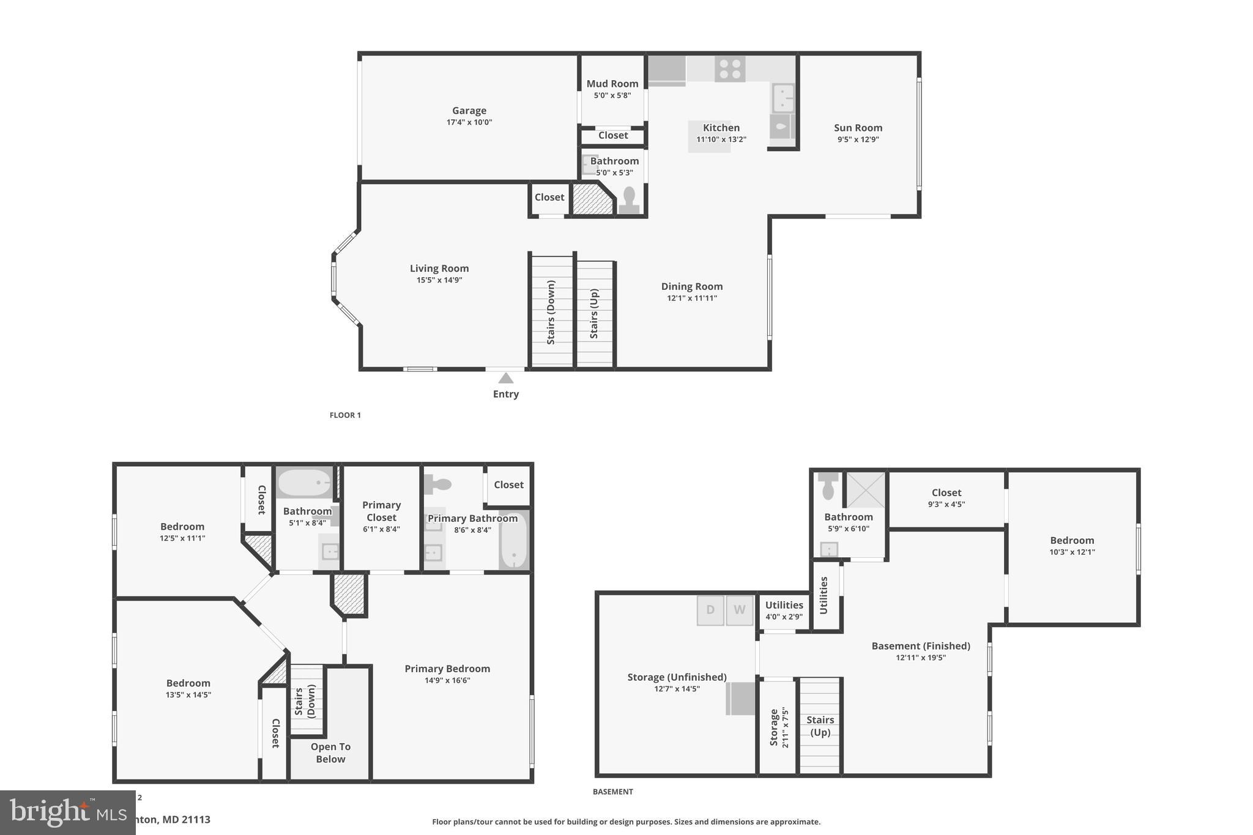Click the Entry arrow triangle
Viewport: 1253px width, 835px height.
coord(505,379)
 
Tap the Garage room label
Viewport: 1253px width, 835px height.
coord(469,111)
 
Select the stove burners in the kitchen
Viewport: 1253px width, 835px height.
coord(730,69)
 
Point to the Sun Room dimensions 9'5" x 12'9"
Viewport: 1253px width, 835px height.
coord(858,139)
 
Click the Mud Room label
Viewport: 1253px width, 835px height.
coord(612,84)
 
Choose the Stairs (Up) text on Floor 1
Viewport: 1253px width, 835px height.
coord(593,313)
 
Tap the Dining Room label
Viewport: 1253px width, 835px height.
coord(691,286)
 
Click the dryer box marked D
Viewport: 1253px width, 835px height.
coord(710,610)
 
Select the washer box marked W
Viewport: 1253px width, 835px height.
coord(739,610)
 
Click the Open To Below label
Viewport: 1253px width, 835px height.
coord(330,753)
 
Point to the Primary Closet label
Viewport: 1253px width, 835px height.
coord(381,511)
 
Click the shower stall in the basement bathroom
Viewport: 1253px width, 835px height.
coord(865,489)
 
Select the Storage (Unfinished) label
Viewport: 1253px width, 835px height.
coord(677,677)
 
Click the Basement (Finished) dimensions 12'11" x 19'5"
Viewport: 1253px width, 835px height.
coord(921,658)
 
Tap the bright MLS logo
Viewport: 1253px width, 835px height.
coord(58,812)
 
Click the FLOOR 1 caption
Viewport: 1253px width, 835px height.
coord(345,415)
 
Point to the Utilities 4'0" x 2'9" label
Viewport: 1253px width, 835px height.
coord(784,610)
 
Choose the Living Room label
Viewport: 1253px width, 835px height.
coord(439,269)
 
